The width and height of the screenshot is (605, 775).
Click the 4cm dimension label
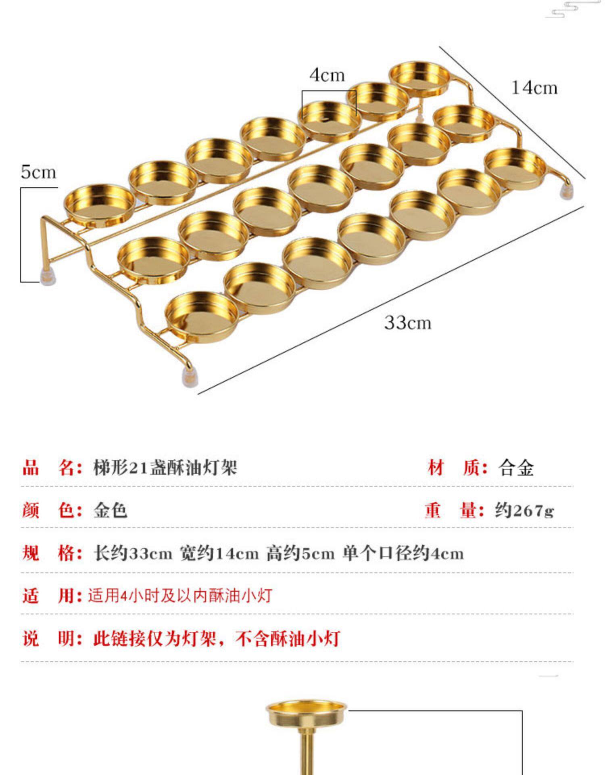coord(327,75)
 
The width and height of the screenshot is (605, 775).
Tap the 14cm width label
coord(534,88)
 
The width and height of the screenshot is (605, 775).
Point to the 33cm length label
coord(407,323)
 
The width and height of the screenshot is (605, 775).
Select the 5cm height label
coord(38,172)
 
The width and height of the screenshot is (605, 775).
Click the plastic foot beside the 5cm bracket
coord(48,276)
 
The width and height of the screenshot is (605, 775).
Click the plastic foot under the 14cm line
coord(567,191)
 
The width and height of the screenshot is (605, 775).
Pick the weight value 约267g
coord(524,511)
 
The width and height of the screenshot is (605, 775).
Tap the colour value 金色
coord(110,511)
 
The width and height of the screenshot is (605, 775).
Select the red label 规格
coord(52,553)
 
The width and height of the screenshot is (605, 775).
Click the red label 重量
coord(454,511)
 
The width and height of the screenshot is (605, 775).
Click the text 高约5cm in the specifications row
coord(300,553)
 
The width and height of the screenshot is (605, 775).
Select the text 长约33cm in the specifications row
coord(133,553)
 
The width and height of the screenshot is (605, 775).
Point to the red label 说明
coord(52,639)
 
